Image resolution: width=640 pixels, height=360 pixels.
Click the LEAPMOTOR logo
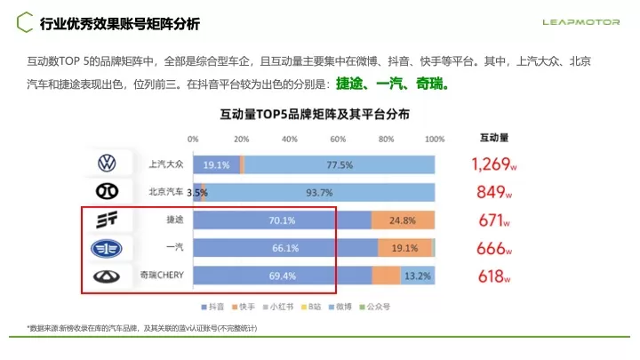[x=582, y=22]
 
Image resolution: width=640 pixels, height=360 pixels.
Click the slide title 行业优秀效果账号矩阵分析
[x=120, y=22]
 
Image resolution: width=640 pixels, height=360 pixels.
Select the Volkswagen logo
[x=107, y=164]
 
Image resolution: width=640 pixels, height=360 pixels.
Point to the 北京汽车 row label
[x=165, y=192]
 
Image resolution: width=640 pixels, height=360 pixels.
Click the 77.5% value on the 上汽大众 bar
[x=340, y=165]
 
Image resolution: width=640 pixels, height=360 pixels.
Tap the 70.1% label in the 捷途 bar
[x=284, y=220]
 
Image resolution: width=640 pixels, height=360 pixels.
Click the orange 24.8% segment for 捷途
[x=402, y=220]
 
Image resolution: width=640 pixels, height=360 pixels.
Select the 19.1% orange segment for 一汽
[x=404, y=249]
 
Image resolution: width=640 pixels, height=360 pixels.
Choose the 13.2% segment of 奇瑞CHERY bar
[x=417, y=276]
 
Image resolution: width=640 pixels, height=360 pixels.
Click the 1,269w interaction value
[x=494, y=164]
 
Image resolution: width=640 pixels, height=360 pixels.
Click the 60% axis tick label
[x=338, y=140]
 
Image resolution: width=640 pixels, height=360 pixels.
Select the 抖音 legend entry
[x=212, y=307]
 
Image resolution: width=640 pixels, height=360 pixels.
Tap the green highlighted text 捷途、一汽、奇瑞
[x=392, y=85]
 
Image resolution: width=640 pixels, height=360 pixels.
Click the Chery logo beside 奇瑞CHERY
[x=107, y=276]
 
